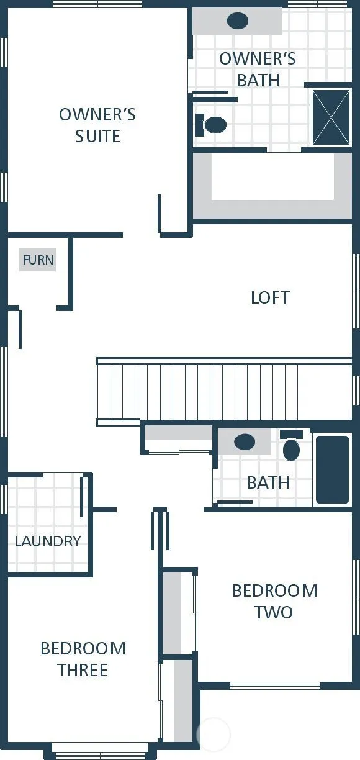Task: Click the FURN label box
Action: (38, 260)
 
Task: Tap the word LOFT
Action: (270, 297)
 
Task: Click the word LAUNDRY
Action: (48, 541)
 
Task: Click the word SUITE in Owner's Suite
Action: (97, 136)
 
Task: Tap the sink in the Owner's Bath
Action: (238, 20)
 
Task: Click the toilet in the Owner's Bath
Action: (211, 125)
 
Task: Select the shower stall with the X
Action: (331, 117)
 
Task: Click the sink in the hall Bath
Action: (245, 441)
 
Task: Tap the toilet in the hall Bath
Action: (292, 445)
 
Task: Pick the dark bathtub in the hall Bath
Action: (332, 469)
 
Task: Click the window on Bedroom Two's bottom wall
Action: (275, 685)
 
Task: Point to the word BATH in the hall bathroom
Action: (268, 482)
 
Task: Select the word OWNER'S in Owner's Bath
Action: (257, 59)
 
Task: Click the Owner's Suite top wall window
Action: (97, 4)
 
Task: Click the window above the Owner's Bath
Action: (318, 4)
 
